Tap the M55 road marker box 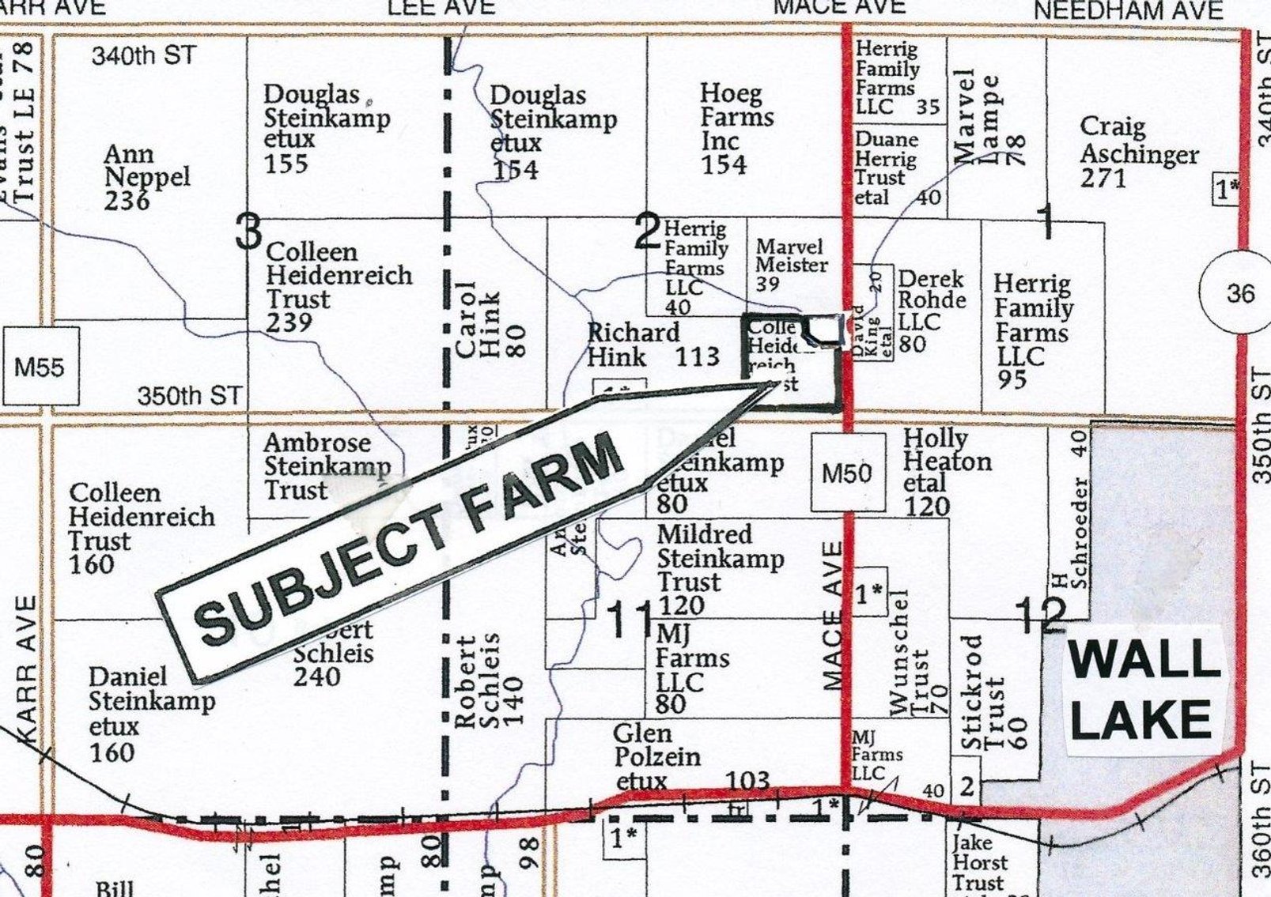40,366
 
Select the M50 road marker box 846,473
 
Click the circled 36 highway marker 1239,293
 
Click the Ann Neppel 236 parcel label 147,177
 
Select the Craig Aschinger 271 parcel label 1139,153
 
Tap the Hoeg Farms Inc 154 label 736,129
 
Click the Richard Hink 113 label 652,345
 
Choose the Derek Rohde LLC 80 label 932,311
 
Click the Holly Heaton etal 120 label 947,471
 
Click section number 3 248,232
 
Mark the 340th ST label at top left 143,56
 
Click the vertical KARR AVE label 26,669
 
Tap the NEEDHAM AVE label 1129,10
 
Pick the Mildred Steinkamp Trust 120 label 720,570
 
